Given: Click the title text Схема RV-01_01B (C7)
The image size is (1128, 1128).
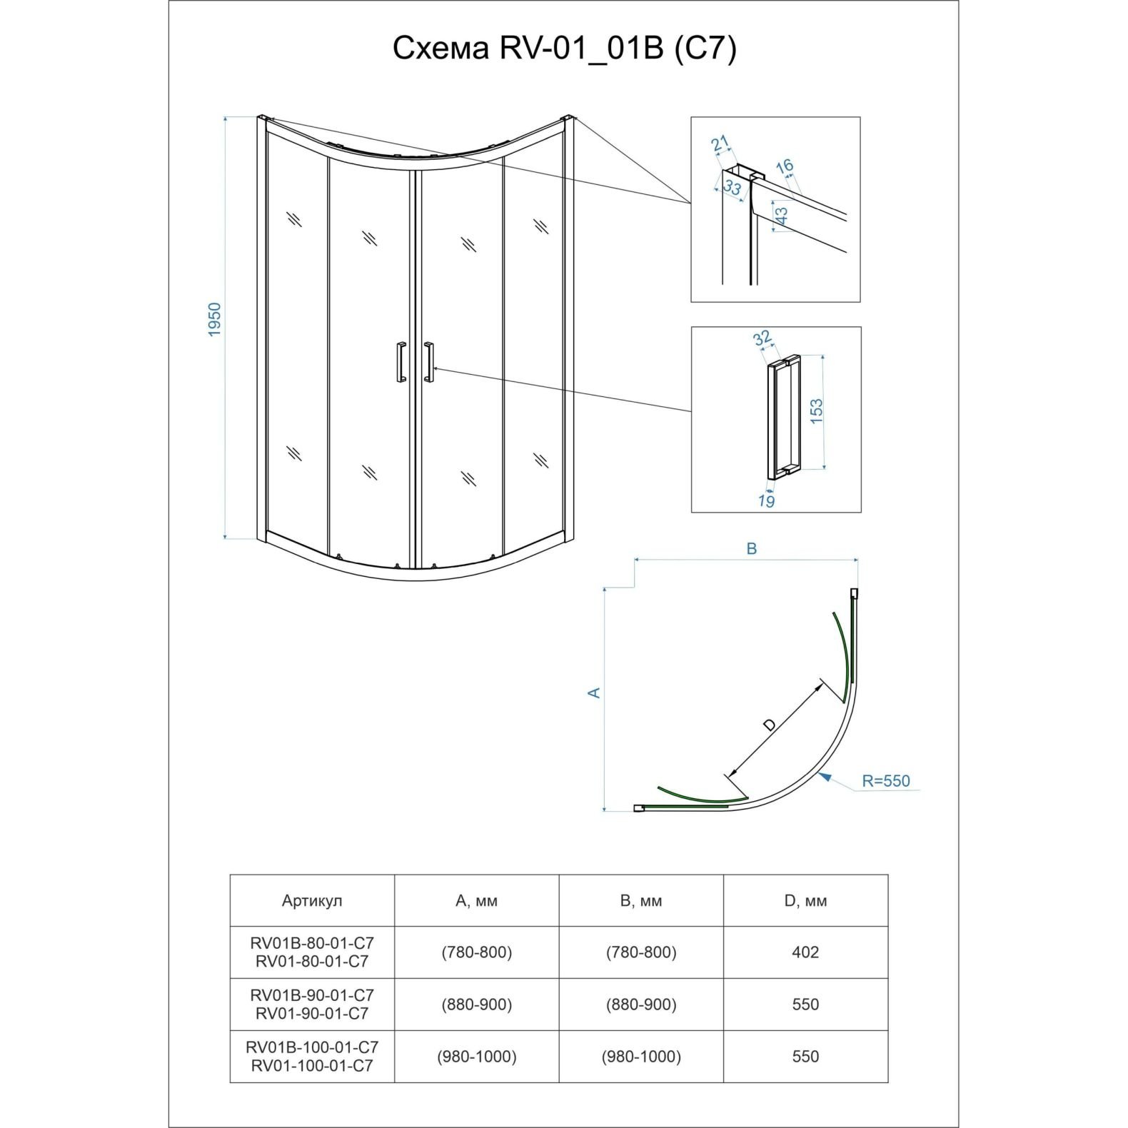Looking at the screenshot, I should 564,49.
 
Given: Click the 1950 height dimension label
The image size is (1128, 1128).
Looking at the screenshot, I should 215,320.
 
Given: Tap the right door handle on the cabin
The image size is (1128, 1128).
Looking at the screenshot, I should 428,363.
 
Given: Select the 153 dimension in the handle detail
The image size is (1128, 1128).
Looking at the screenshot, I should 817,412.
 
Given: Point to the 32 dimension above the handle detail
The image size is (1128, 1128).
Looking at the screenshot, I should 762,337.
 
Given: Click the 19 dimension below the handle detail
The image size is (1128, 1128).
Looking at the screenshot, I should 766,500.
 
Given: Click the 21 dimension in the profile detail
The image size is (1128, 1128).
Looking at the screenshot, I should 721,143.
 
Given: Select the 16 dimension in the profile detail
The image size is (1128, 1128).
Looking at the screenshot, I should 785,166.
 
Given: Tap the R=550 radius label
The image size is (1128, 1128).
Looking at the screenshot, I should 885,780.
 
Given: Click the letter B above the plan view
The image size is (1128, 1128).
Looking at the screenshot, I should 751,549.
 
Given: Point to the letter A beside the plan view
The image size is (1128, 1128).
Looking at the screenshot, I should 593,693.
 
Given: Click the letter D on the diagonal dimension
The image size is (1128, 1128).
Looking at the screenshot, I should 769,725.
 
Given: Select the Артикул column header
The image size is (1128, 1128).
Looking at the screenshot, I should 312,901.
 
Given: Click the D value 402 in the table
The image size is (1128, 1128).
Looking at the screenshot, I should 805,952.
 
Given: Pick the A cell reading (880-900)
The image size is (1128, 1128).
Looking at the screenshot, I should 476,1004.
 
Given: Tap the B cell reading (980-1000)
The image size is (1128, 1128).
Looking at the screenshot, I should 641,1057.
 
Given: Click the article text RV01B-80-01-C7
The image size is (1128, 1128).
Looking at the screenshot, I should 312,944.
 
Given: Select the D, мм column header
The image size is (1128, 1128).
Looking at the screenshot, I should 805,901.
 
